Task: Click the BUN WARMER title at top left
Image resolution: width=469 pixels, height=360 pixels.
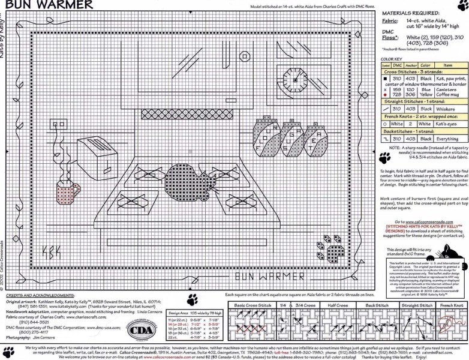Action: [x=47, y=5]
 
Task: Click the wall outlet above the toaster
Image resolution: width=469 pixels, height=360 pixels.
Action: [x=59, y=127]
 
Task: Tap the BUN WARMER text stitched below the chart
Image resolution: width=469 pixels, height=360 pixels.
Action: [x=268, y=276]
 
